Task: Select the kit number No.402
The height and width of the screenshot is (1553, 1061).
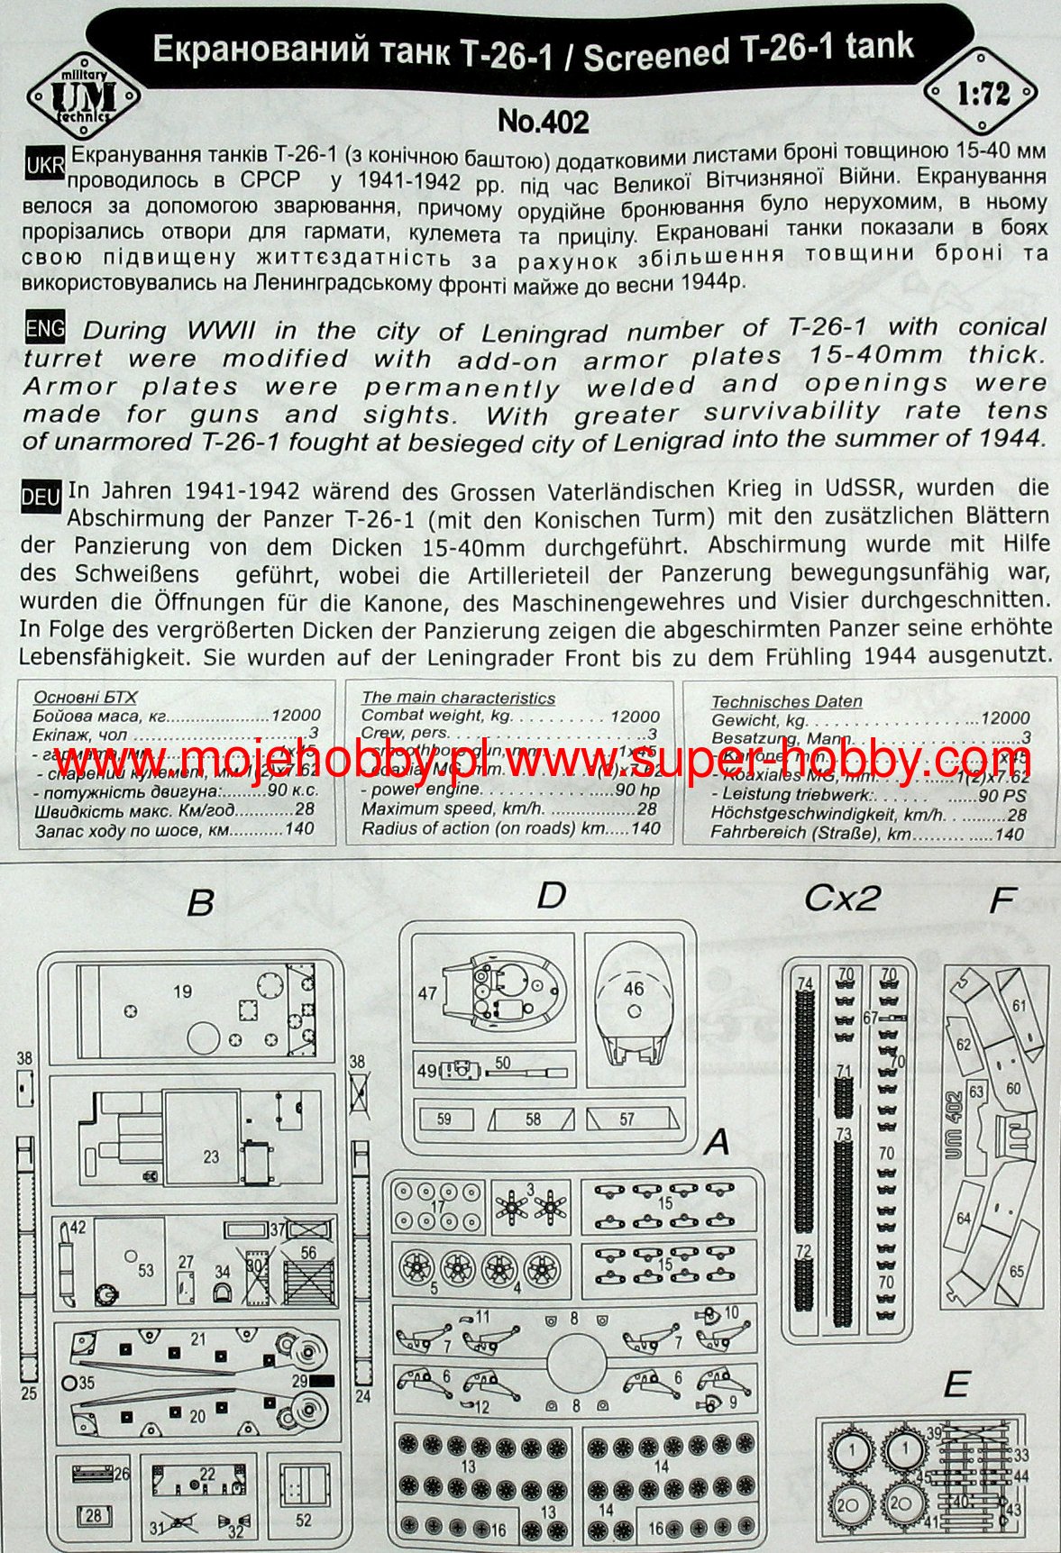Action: (543, 121)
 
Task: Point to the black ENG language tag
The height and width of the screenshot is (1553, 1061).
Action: (45, 329)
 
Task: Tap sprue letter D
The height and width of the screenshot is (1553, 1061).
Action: (550, 895)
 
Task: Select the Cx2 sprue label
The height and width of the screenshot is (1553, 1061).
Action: (842, 898)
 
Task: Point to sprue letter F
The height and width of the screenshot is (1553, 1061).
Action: (1002, 900)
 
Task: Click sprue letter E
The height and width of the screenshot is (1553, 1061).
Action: (956, 1384)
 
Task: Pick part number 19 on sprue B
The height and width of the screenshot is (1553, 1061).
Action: (182, 991)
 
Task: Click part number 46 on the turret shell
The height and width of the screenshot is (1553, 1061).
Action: (634, 988)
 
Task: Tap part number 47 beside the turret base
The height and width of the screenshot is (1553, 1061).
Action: (427, 993)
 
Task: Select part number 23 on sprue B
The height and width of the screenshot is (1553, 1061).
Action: (211, 1156)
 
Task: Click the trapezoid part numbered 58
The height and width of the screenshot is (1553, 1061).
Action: (534, 1119)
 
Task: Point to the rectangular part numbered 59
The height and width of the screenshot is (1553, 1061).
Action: (444, 1119)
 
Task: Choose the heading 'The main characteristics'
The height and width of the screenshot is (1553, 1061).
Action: (458, 699)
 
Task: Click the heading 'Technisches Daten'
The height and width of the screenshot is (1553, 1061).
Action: (786, 701)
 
